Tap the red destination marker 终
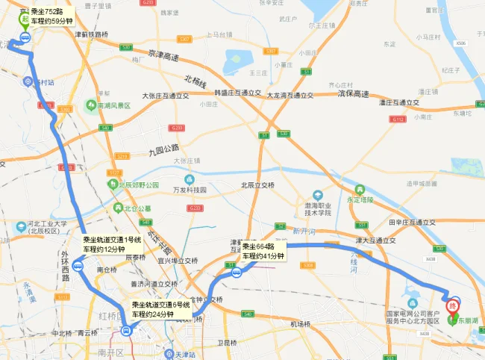453,304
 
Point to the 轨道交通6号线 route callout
161,309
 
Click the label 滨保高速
353,94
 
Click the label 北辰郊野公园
138,184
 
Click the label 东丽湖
468,320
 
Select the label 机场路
299,323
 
